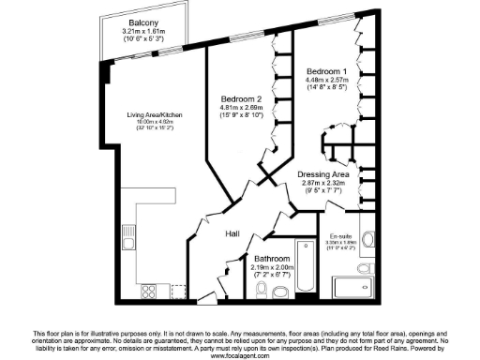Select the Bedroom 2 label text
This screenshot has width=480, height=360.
pos(243,98)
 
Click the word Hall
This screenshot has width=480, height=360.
pos(234,235)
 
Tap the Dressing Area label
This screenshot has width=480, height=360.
pos(322,174)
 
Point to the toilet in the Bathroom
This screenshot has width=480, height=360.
pos(282,292)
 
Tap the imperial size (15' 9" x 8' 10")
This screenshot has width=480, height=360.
pos(243,117)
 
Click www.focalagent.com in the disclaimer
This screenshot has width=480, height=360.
pos(239,355)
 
